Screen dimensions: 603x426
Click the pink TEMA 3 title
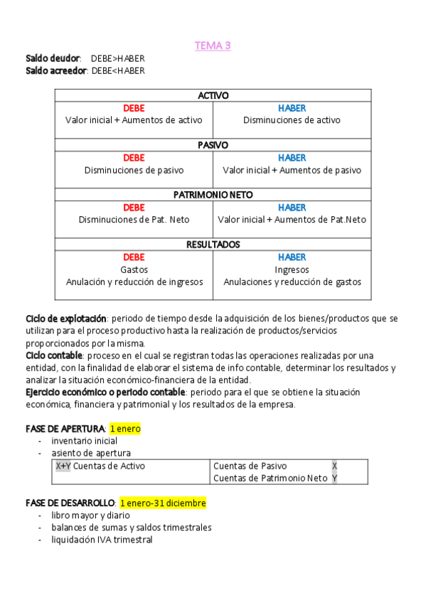point(213,46)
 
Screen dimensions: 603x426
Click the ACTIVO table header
point(213,95)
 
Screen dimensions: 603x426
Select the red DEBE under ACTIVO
point(134,108)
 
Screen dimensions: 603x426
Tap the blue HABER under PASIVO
point(292,158)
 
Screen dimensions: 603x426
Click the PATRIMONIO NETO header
point(213,195)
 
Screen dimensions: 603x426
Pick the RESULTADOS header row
point(213,245)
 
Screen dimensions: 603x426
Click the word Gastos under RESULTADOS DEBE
point(134,270)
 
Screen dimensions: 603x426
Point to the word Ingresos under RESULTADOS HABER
point(292,270)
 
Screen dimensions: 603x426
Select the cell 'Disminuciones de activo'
point(292,120)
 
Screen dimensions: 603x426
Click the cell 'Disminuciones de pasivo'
point(134,170)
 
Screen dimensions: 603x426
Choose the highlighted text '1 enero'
point(125,429)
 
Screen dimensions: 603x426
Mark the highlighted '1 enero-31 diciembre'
point(163,503)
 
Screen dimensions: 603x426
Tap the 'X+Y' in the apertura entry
point(63,466)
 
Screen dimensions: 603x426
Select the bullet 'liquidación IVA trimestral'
point(102,540)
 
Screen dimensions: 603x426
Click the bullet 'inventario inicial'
point(84,441)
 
